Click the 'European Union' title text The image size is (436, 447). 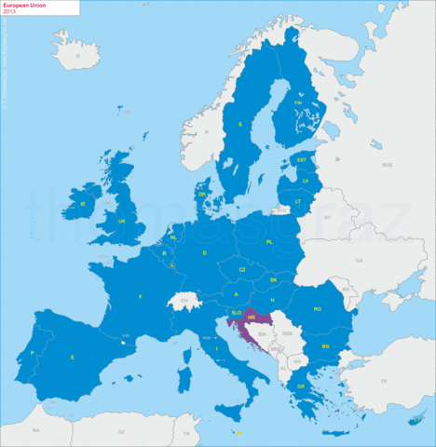[x=24, y=6]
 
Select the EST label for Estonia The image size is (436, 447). [x=301, y=160]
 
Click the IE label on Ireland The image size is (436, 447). [x=83, y=203]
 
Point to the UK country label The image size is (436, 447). [x=122, y=221]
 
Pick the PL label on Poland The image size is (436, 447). [x=269, y=241]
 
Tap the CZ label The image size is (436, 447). [x=242, y=269]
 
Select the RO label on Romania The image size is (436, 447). [x=318, y=308]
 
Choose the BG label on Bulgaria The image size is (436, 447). [x=325, y=346]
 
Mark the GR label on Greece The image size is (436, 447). [x=301, y=386]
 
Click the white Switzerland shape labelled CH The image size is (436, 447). [x=184, y=302]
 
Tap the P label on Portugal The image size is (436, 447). [x=33, y=353]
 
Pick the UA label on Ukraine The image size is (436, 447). [x=357, y=261]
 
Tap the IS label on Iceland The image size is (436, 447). [x=79, y=56]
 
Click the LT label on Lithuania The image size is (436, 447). [x=298, y=201]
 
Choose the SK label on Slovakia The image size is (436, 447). [x=273, y=279]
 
